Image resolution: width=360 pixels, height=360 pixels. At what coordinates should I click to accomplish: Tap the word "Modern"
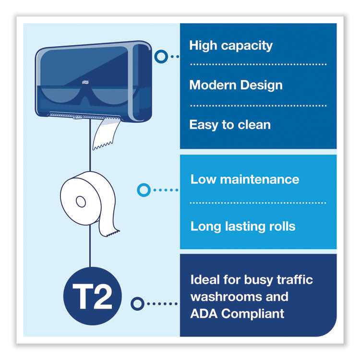pos(213,85)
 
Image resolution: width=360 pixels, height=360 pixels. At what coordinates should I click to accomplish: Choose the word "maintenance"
pos(260,180)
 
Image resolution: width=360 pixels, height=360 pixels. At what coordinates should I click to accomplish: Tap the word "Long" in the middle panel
pos(206,227)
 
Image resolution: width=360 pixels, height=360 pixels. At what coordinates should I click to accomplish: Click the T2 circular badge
pos(93,296)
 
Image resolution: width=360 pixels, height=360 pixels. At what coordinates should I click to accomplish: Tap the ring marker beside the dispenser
pos(161,57)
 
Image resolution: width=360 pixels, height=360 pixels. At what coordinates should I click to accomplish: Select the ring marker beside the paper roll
pos(144,190)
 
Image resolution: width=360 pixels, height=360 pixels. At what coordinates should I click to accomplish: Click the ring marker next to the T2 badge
pos(137,304)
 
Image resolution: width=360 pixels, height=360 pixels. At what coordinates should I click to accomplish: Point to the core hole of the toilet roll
pos(81,202)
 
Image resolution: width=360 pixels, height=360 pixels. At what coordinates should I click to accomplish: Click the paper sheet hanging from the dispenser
pos(106,134)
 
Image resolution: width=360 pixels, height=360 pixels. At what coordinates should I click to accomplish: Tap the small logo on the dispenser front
pos(84,82)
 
